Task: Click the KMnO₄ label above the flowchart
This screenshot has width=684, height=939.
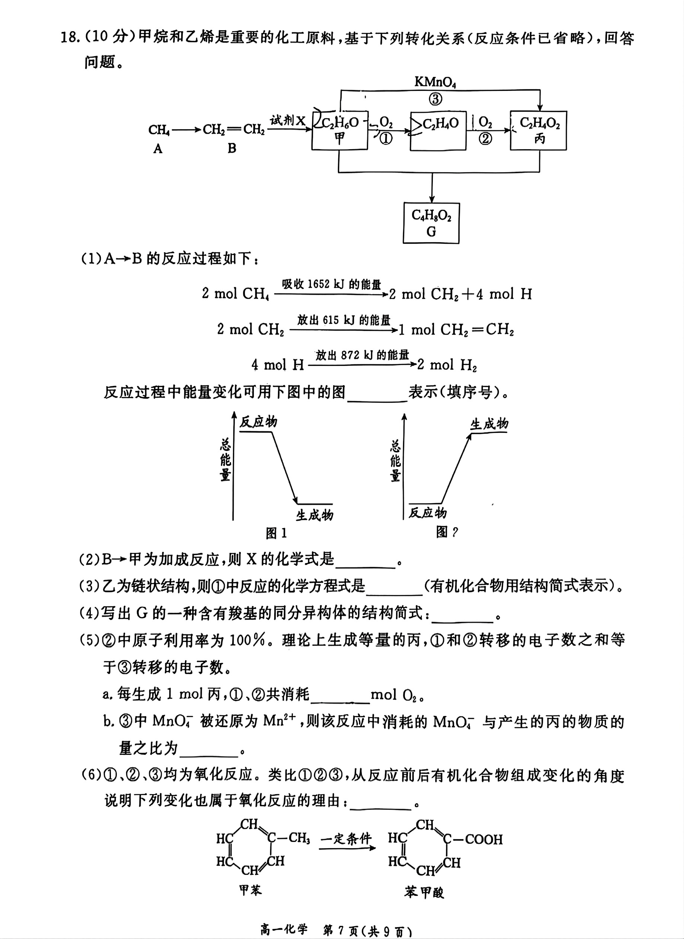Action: click(x=435, y=83)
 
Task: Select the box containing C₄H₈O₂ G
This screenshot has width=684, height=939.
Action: click(x=431, y=223)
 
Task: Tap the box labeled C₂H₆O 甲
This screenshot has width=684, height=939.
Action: click(x=339, y=130)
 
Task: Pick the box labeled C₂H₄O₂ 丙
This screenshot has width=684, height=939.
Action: click(x=538, y=130)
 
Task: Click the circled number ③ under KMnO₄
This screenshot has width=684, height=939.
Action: click(x=435, y=99)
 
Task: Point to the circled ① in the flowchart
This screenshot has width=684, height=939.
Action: click(x=386, y=139)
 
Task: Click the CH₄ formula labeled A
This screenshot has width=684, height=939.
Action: click(x=159, y=130)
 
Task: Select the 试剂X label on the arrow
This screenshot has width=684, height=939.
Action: click(x=288, y=121)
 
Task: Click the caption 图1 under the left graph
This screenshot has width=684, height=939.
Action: click(x=276, y=533)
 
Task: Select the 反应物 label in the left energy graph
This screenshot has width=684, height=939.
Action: click(x=258, y=422)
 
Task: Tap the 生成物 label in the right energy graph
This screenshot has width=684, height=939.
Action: click(x=489, y=424)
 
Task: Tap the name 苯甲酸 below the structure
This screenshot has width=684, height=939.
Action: click(x=424, y=892)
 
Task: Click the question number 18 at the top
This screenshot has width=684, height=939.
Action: click(x=70, y=38)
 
